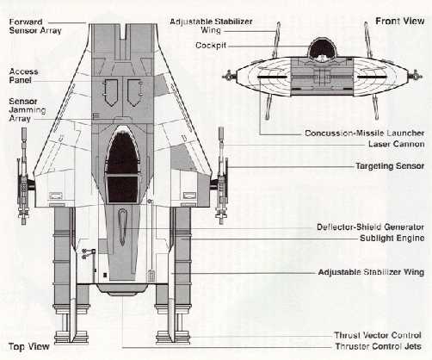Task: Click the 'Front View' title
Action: click(400, 21)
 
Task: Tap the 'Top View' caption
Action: click(29, 346)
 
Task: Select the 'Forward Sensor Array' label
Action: click(35, 26)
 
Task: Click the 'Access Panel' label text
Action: click(23, 76)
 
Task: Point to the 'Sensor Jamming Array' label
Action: click(28, 110)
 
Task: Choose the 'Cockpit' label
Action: click(211, 46)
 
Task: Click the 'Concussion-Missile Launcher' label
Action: click(365, 133)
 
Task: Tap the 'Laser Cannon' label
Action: click(397, 144)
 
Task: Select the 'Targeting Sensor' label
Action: click(390, 166)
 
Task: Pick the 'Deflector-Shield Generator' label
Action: click(370, 227)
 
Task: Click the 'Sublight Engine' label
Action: click(392, 238)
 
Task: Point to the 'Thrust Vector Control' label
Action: click(378, 335)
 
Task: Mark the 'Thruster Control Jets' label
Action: click(379, 346)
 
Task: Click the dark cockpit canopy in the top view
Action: click(122, 166)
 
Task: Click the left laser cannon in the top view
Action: click(23, 177)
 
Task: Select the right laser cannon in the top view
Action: click(221, 175)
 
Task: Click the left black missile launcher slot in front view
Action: click(272, 77)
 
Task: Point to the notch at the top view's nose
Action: click(123, 31)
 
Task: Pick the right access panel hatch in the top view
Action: click(135, 92)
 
